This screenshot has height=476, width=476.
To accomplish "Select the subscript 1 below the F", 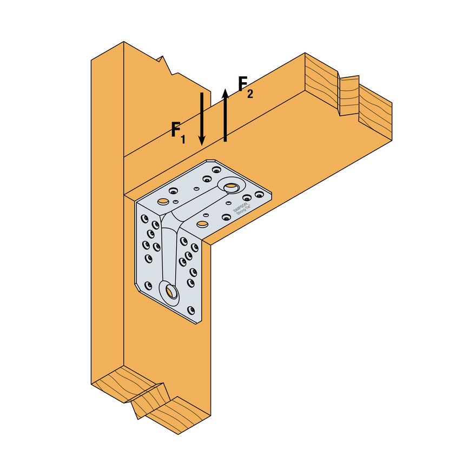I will tap(183, 139).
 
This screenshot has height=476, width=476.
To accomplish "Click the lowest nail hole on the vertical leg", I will tap(191, 309).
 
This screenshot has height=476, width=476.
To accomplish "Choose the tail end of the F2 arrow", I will tap(225, 140).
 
